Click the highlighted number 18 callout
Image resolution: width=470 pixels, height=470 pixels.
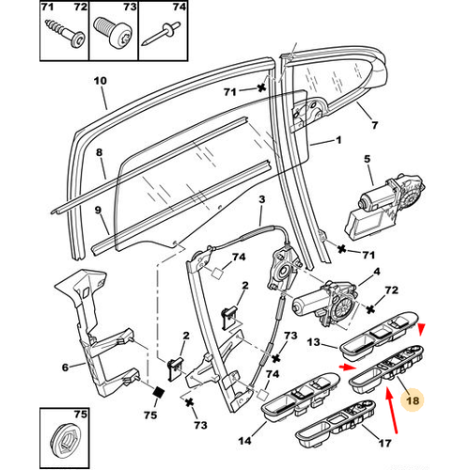(x=413, y=400)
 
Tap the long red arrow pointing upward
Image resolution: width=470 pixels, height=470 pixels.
(x=392, y=411)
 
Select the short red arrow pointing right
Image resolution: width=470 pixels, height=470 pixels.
(x=348, y=368)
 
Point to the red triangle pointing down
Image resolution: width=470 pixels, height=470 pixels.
(x=422, y=329)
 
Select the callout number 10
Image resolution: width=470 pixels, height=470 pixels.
(x=101, y=81)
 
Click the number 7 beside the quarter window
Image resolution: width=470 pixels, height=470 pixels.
(x=375, y=125)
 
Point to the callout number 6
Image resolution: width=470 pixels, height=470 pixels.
(x=65, y=368)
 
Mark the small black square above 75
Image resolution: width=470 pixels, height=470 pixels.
(x=159, y=392)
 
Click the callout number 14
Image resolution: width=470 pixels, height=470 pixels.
(x=244, y=441)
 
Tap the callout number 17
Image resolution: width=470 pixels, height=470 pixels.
(x=384, y=443)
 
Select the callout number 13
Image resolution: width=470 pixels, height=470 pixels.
(x=313, y=342)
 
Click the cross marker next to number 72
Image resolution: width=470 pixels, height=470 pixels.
(x=370, y=309)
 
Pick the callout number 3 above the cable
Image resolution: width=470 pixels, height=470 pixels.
(x=261, y=199)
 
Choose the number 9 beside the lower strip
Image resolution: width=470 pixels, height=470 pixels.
(x=98, y=210)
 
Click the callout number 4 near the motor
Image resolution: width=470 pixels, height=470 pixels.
(x=377, y=272)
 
